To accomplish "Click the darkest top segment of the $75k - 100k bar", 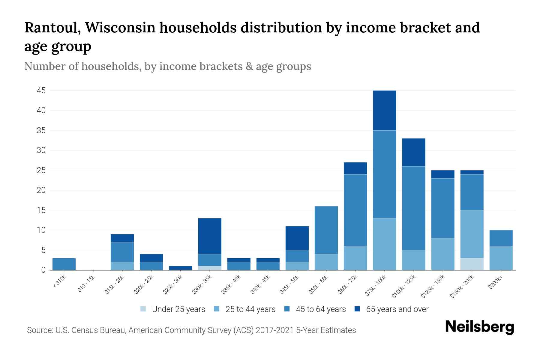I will tap(384, 110).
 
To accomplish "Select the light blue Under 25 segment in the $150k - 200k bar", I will tap(472, 264).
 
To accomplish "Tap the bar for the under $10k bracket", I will tap(64, 264).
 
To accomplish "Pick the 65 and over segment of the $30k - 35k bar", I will tap(210, 236).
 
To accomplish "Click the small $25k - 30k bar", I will tap(181, 268).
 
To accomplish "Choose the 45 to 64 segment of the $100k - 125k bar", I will tap(413, 208).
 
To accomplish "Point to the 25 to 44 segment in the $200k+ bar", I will tap(501, 258).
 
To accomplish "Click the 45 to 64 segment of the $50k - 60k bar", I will tap(326, 230).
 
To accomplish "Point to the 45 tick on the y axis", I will tap(41, 90).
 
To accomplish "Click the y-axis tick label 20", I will tap(41, 190).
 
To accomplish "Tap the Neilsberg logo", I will tap(479, 327).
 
